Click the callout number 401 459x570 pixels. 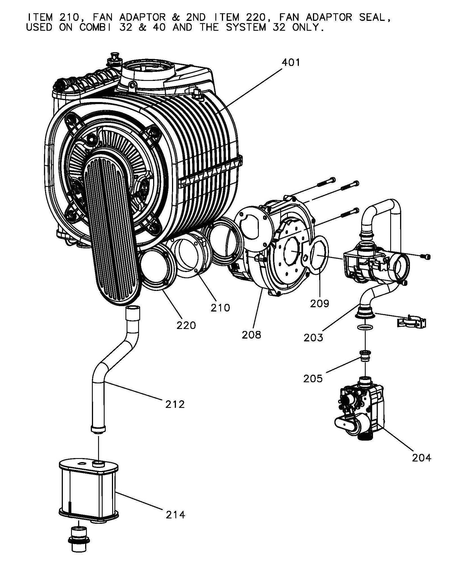coord(291,62)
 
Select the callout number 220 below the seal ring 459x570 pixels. coord(186,325)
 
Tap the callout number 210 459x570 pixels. coord(220,308)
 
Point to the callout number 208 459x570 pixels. coord(251,335)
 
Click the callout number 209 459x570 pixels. coord(320,303)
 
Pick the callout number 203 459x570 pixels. coord(313,337)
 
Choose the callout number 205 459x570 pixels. coord(313,379)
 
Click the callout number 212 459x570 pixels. coord(175,404)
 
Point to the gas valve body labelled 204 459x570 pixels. coord(361,406)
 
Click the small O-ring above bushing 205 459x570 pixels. coord(365,327)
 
